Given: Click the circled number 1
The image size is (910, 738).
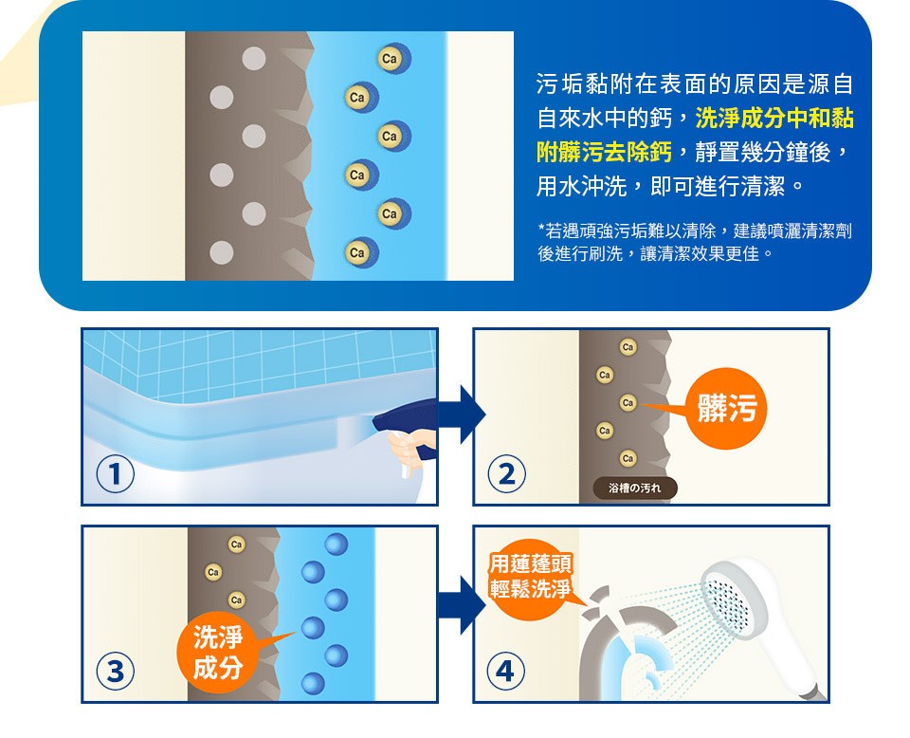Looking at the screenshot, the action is [x=115, y=473].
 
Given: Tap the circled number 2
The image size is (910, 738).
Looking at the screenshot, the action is [x=506, y=473].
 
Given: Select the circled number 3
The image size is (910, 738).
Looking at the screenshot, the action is [x=115, y=671].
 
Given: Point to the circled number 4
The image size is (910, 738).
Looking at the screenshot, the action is [x=505, y=671].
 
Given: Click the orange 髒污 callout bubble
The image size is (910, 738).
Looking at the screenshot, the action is [x=726, y=408].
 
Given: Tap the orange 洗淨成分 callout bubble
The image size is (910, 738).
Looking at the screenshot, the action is [x=218, y=653].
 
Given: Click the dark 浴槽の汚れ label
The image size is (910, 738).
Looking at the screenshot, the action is [x=635, y=489].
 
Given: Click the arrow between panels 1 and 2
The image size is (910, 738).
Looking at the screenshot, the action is [x=462, y=415].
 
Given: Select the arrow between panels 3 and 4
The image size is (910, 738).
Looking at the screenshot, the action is [x=462, y=605].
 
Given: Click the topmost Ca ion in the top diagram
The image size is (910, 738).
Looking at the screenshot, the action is [x=392, y=59].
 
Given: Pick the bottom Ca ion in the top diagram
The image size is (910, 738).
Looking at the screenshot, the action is [x=360, y=252].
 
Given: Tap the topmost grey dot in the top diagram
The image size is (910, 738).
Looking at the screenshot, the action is [x=254, y=59].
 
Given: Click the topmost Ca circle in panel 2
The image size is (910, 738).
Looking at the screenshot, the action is [x=628, y=347].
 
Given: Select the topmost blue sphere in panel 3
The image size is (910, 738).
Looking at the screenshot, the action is [x=336, y=544].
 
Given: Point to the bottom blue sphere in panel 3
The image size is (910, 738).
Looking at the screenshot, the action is [x=313, y=683].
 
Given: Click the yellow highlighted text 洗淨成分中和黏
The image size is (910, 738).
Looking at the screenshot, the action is [x=774, y=118].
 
